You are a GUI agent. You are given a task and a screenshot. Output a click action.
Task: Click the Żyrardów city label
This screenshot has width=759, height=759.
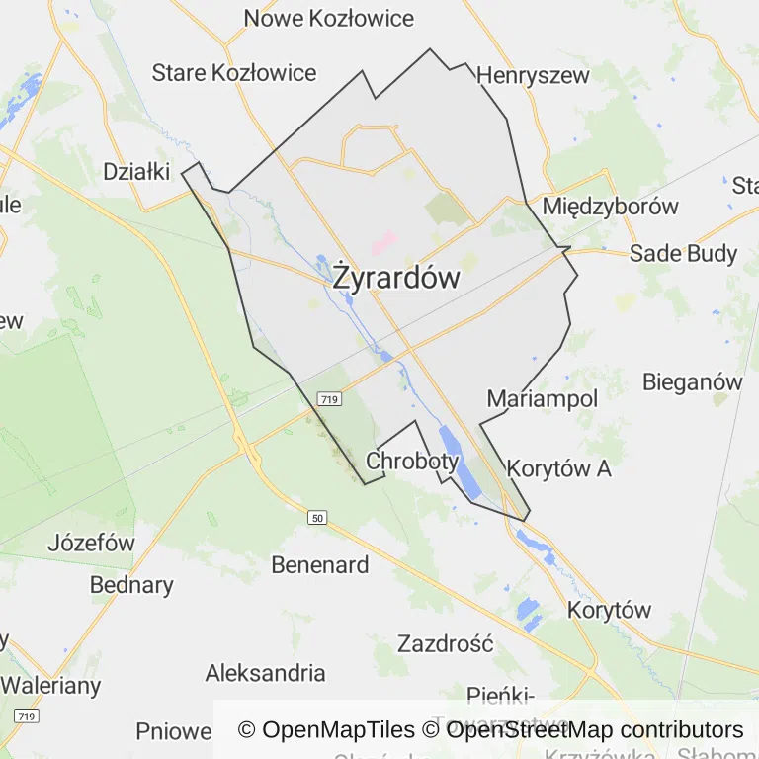(x=396, y=278)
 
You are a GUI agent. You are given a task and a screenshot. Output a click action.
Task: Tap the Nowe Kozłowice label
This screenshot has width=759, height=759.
(x=329, y=18)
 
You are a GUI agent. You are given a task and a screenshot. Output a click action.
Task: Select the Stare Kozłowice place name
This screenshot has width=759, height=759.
(x=234, y=72)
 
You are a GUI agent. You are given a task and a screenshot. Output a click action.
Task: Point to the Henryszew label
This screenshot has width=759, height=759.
(x=533, y=75)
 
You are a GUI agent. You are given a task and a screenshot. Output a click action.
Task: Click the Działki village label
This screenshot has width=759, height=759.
(x=137, y=171)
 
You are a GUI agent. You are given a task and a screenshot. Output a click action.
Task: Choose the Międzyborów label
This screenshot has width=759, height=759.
(x=611, y=207)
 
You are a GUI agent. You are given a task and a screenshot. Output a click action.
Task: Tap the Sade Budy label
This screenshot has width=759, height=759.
(x=684, y=253)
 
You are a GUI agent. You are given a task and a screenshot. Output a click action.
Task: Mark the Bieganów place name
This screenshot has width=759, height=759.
(x=692, y=381)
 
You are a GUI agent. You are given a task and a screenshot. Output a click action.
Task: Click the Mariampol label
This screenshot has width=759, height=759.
(x=543, y=399)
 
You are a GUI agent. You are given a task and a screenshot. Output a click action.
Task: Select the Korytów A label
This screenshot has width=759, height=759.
(x=559, y=468)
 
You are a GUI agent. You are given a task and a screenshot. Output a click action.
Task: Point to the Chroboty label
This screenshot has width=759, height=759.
(x=412, y=461)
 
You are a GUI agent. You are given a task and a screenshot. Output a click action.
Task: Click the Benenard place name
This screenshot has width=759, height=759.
(x=320, y=565)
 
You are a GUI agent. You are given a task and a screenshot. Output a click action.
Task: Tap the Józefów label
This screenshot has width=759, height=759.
(x=91, y=543)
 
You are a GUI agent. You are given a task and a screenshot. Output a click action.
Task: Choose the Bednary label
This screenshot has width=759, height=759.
(x=131, y=584)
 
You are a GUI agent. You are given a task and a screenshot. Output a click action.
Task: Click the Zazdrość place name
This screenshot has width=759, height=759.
(x=445, y=643)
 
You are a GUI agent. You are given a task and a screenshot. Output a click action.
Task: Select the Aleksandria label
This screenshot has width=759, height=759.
(x=265, y=673)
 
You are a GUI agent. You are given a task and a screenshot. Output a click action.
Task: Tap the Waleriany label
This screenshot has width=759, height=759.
(x=50, y=685)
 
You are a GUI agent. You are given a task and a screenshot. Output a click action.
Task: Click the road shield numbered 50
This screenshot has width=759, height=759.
(x=316, y=518)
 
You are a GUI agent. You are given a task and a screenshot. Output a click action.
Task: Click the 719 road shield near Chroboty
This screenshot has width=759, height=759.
(x=330, y=398)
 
